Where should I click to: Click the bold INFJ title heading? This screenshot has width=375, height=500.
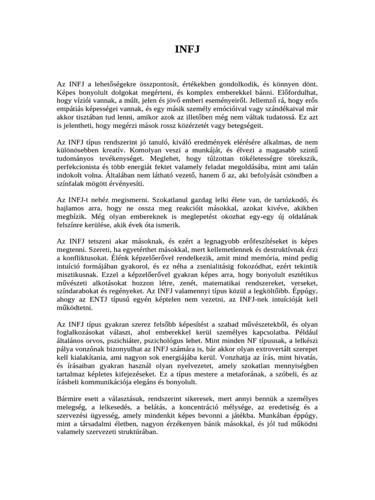187,49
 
